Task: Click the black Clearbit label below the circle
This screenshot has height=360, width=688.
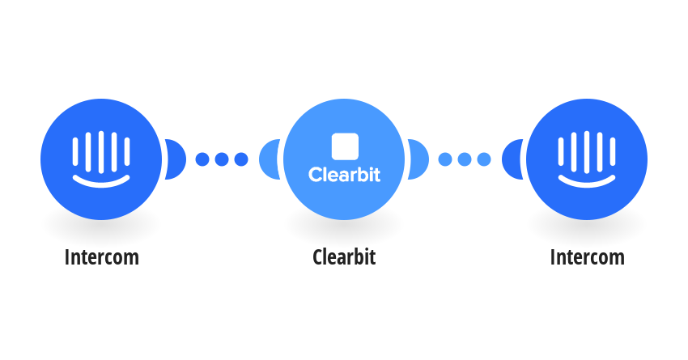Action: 344,257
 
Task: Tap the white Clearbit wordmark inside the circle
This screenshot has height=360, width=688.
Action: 345,175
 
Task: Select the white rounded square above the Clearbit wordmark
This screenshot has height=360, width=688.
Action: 345,146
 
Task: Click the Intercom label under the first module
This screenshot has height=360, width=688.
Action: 102,257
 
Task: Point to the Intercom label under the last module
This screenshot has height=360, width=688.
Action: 588,257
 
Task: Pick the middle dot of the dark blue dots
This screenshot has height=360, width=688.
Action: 222,159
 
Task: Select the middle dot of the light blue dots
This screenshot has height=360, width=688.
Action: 465,159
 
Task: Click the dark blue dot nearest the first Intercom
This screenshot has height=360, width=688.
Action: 202,159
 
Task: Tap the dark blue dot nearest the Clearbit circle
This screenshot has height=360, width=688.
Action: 241,159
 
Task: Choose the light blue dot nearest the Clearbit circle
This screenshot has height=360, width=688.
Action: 445,159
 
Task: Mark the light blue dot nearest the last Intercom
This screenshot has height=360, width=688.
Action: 484,159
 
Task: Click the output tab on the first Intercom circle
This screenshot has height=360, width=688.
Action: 176,159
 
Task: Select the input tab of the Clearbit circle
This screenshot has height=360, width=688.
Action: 269,159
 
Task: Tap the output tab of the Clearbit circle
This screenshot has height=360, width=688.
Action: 418,159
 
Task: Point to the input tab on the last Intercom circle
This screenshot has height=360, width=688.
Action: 512,159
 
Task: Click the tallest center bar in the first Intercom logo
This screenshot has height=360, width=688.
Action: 101,152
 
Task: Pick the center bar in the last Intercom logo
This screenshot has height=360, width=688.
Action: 587,152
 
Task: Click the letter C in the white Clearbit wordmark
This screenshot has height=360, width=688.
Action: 315,175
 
